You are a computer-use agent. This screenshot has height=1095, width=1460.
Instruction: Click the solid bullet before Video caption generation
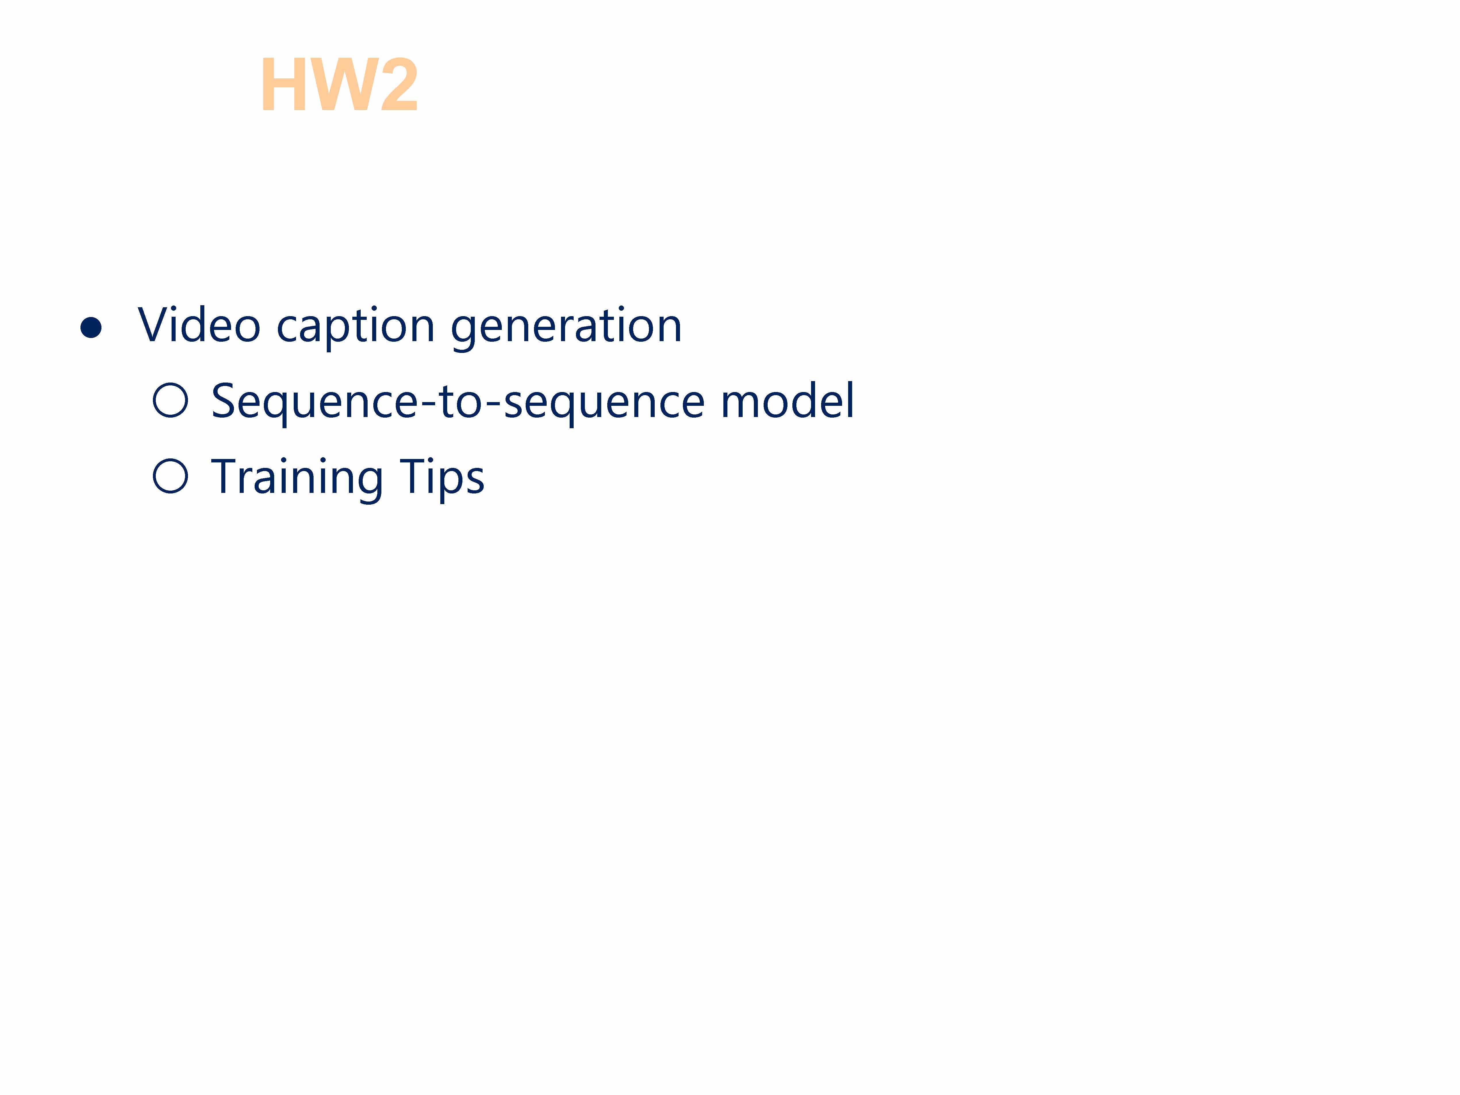[91, 327]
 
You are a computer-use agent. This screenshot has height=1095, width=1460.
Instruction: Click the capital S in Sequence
[224, 401]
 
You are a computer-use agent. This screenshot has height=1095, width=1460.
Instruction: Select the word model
[787, 400]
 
